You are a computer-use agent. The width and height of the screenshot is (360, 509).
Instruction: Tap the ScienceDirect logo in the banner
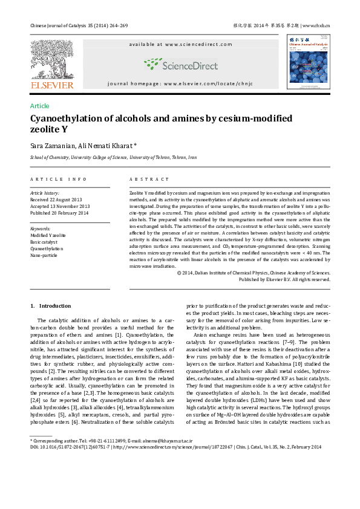(180, 64)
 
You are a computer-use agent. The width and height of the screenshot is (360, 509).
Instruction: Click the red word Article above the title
(40, 106)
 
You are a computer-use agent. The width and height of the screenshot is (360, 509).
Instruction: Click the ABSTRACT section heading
(149, 179)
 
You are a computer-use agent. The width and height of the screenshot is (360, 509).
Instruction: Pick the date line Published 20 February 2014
(59, 213)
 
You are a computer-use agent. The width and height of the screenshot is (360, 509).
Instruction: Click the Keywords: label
(41, 229)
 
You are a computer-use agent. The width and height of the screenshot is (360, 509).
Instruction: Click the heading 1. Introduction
(51, 306)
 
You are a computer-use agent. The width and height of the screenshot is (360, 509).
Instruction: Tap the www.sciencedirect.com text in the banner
(192, 44)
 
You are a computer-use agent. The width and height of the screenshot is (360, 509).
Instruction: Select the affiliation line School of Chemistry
(113, 157)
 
